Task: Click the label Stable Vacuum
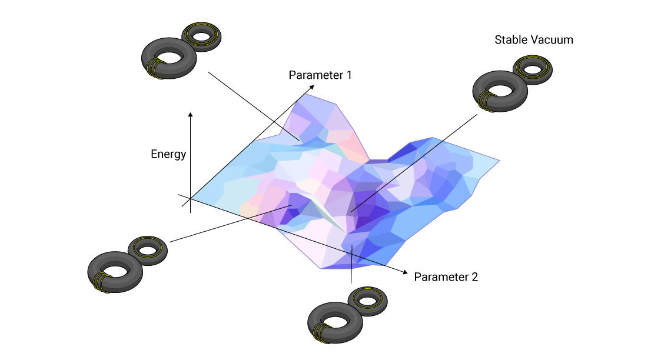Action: (533, 40)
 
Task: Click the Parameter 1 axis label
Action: (320, 75)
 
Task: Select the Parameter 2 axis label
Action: (446, 276)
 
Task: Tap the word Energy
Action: (168, 155)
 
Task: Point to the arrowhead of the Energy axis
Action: (190, 113)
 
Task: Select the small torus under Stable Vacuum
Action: (533, 70)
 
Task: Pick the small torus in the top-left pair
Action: (202, 37)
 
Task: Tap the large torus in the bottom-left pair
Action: (115, 272)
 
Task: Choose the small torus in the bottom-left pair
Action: (147, 249)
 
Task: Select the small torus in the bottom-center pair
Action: (368, 301)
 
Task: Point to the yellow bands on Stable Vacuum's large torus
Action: (484, 101)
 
